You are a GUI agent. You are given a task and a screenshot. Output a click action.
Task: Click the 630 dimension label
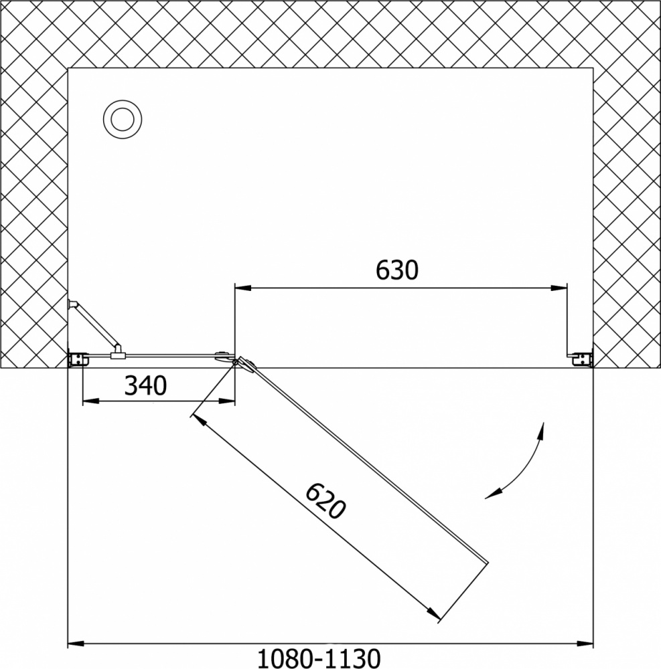tap(396, 270)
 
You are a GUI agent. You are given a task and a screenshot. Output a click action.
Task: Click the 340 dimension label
tap(145, 385)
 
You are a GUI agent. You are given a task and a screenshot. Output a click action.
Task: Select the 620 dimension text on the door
tap(325, 501)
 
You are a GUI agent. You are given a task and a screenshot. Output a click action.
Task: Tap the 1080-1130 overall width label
tap(319, 658)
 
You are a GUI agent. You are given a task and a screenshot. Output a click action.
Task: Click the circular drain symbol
tap(123, 120)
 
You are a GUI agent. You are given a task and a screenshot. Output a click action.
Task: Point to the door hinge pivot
tap(235, 362)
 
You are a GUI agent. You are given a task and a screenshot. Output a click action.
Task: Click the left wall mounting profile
tap(77, 359)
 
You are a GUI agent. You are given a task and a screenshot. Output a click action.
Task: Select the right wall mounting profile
tap(581, 359)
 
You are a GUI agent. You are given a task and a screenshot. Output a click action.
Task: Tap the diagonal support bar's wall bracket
tap(73, 304)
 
